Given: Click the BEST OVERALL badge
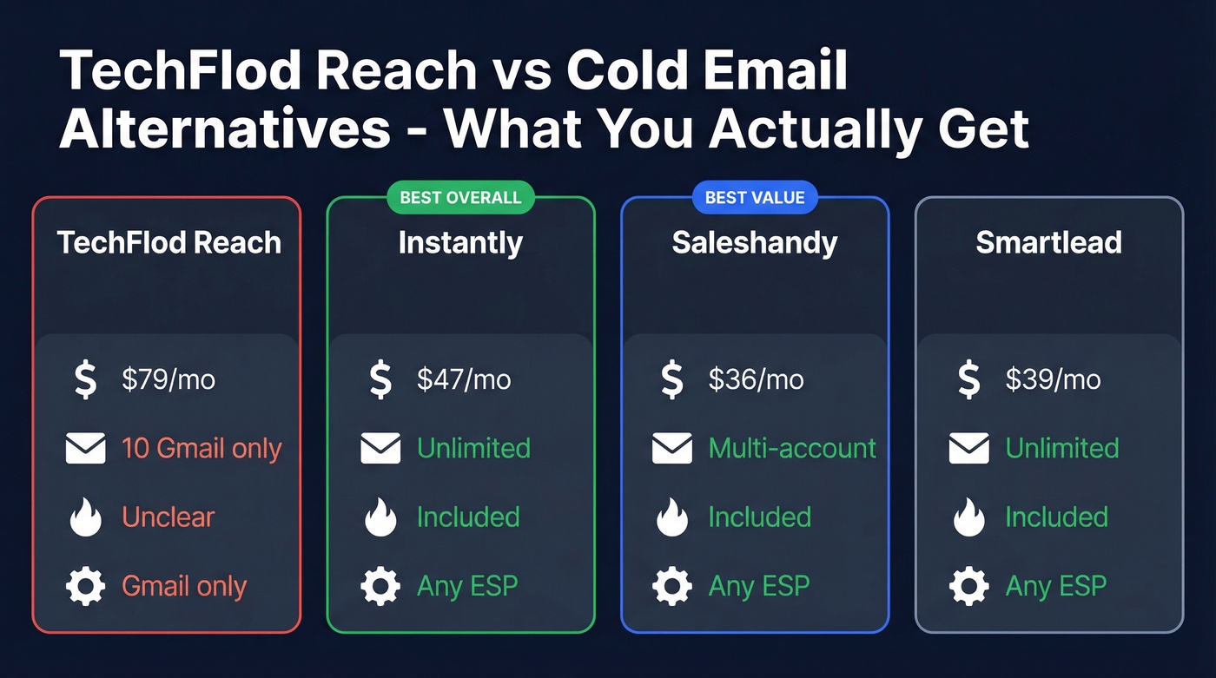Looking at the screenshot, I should pos(460,198).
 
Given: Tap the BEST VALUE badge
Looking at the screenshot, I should pos(755,198).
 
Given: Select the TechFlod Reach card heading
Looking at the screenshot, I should pos(169,243).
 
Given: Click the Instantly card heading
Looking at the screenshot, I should pos(460,243).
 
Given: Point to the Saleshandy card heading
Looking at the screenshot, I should pos(755,243).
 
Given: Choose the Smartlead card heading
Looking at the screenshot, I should pos(1048,243).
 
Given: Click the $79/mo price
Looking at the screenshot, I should pos(169,379).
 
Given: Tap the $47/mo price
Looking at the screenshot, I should pos(464,379).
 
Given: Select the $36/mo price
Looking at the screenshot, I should pos(756,379).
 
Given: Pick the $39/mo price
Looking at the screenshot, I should pos(1053,379).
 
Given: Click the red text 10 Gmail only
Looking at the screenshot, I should pos(202,449).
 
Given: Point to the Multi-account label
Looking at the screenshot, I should pos(792,449).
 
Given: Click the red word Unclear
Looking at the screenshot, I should pos(169,517).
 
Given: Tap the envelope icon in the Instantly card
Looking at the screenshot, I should pos(380,449).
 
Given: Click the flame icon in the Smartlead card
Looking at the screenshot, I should pos(968,518).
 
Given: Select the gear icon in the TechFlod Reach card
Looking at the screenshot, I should pos(85,587).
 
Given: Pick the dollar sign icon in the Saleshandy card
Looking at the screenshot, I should pos(671,380).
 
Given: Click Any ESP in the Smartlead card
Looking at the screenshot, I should pos(1056,587).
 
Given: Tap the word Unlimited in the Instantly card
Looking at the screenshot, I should pos(473,449).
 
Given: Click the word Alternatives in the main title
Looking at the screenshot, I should pos(225,130).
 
